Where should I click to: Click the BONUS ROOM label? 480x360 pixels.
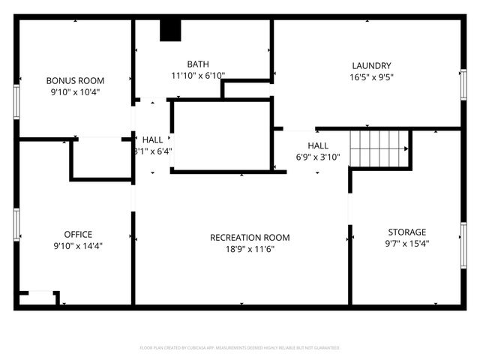75,80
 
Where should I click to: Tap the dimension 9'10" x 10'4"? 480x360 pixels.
75,91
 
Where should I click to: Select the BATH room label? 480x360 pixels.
198,64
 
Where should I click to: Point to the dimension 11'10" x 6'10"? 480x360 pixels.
198,75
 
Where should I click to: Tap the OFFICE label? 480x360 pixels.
78,234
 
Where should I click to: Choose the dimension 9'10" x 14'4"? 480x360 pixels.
78,245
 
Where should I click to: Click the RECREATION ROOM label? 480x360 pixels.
250,238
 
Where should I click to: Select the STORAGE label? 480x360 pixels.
406,232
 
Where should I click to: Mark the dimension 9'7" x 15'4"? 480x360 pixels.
406,243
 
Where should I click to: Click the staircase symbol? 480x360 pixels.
379,147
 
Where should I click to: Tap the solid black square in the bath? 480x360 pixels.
171,30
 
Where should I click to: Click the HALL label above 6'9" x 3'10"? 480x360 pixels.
318,145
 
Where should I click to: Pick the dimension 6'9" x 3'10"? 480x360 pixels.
318,157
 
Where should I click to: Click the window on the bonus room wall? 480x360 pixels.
16,101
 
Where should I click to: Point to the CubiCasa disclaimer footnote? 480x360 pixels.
240,348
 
